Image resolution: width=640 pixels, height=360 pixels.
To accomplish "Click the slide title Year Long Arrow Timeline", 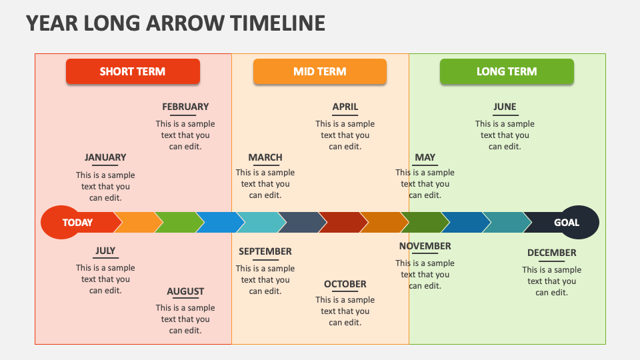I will point(175,23).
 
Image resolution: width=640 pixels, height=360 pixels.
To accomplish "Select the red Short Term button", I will point(133,71).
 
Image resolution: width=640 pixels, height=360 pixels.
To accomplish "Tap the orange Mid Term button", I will point(319,71).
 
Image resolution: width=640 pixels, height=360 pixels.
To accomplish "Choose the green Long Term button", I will point(507,71).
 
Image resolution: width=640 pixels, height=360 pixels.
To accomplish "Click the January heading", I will point(105,157).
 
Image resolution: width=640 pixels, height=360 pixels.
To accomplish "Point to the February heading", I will point(185,107).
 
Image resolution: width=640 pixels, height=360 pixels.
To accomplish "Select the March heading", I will point(265,157).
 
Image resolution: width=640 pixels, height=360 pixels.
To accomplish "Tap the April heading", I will point(345,107).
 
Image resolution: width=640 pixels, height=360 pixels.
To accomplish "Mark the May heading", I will point(425,157).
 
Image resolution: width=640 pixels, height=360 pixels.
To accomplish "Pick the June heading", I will point(505,107).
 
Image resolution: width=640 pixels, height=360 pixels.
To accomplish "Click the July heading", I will point(105,251).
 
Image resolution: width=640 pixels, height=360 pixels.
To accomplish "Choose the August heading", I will point(185,291).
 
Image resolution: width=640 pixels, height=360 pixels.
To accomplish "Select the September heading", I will point(265,251).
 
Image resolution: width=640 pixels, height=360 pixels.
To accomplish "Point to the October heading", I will point(345,284).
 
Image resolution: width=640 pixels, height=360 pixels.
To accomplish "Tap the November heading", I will point(425,246).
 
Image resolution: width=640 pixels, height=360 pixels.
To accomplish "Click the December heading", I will point(551,253).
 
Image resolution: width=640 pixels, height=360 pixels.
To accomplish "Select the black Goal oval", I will point(570,223).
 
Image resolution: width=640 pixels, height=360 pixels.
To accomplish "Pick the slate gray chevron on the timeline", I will point(299,223).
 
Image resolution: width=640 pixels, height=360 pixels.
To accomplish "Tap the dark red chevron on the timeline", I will point(340,223).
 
